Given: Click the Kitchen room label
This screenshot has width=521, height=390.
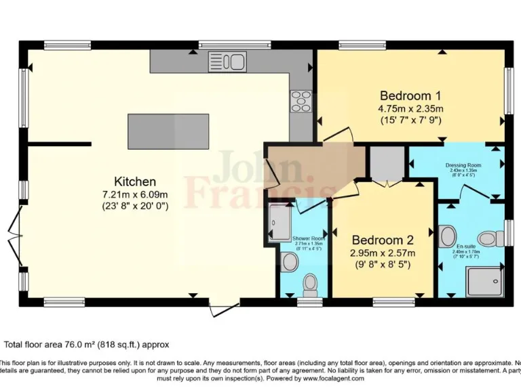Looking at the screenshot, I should tap(135, 181).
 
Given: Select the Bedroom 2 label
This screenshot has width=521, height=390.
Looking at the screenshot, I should tap(383, 240).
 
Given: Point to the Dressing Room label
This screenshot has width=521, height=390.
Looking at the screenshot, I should tap(463, 165).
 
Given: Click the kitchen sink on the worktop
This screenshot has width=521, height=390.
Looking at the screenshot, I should tap(227, 62).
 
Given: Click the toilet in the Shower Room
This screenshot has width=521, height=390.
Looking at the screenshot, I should tap(311, 284).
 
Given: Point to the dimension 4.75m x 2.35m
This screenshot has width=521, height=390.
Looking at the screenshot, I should tap(410, 108).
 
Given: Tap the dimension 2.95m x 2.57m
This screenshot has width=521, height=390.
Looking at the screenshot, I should tap(383, 253).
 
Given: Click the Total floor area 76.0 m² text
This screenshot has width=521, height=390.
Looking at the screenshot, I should tap(87, 345).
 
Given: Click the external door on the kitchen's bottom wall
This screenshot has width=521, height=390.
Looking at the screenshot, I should tap(223, 309).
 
